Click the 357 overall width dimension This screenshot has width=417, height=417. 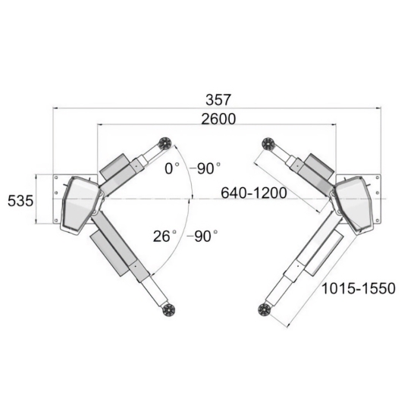(x=218, y=100)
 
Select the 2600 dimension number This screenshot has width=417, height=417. (x=218, y=119)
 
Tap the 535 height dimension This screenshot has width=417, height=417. (x=20, y=200)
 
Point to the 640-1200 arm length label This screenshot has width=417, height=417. (x=254, y=193)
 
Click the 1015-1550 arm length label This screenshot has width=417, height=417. (x=359, y=288)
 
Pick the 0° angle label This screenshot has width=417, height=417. (x=172, y=168)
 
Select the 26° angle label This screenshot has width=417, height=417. (x=165, y=236)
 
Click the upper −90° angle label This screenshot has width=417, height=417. (x=205, y=168)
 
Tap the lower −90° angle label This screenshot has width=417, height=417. (x=202, y=236)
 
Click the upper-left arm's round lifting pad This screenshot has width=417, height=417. (x=165, y=144)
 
